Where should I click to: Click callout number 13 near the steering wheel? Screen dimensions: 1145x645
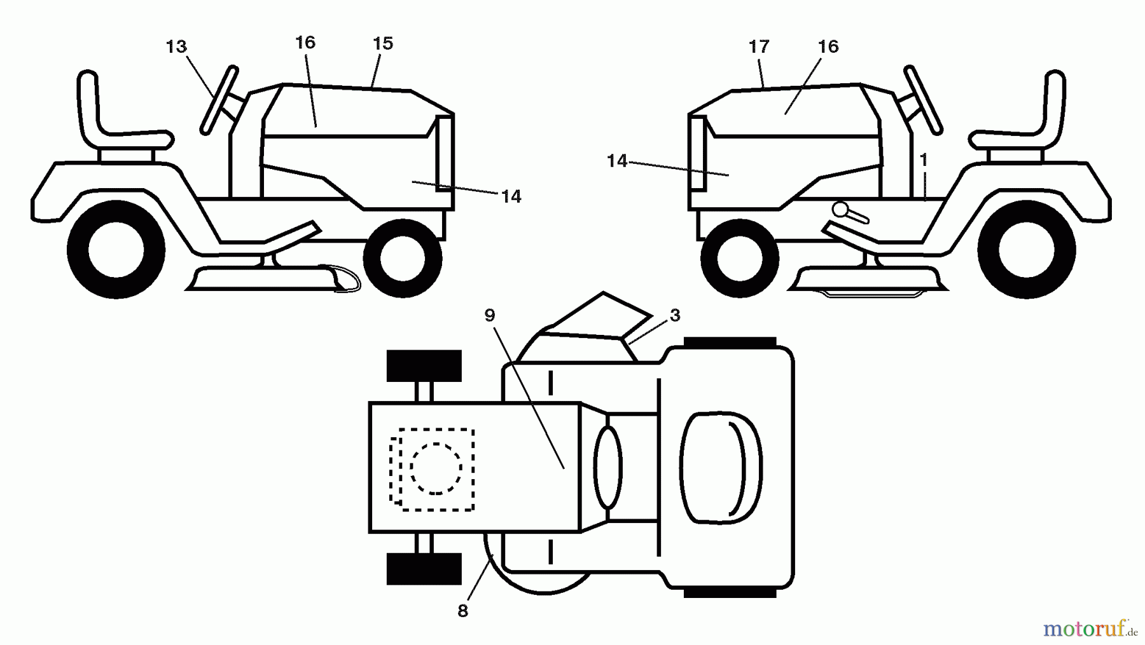(x=176, y=46)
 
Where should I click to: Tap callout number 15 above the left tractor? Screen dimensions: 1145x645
(x=383, y=43)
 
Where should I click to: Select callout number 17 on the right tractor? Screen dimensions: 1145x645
(x=759, y=46)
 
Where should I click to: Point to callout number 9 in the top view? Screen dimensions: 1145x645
(x=489, y=315)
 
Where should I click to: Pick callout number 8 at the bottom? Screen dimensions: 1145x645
(x=462, y=611)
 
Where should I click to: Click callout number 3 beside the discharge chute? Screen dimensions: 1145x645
(x=675, y=315)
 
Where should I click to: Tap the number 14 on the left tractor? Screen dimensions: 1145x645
(x=511, y=196)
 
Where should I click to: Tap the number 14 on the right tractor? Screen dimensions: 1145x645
(x=617, y=161)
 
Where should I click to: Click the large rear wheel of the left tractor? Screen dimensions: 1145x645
(x=116, y=249)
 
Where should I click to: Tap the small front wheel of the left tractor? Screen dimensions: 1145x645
(x=402, y=258)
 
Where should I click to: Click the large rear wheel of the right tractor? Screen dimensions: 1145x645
(x=1027, y=249)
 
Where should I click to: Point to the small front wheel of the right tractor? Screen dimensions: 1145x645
(x=740, y=258)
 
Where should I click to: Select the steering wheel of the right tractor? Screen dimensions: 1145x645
(x=923, y=100)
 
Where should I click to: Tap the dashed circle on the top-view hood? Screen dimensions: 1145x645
(x=436, y=468)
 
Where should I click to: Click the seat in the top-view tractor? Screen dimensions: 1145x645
(x=721, y=468)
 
